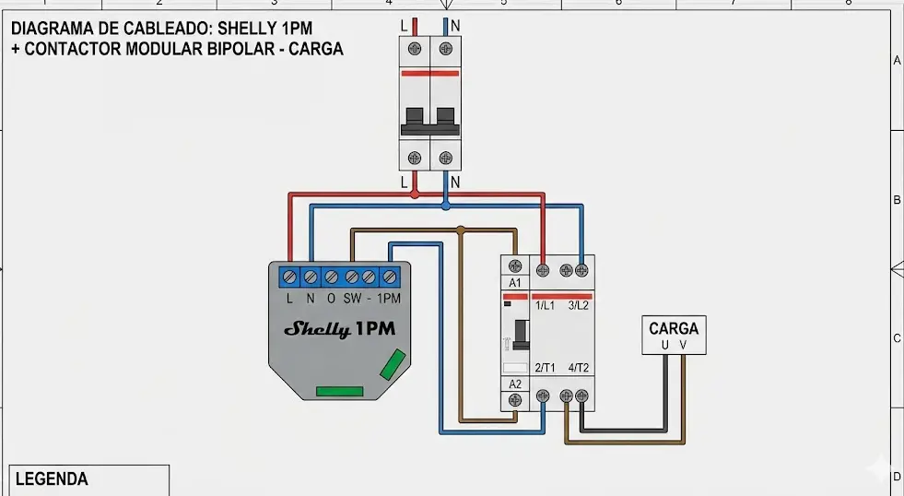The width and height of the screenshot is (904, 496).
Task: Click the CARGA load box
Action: click(674, 336)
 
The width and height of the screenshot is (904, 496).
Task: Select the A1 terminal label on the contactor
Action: click(514, 282)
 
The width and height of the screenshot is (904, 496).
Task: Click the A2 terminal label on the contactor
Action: click(514, 384)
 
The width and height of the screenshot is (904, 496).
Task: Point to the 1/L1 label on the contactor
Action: click(544, 305)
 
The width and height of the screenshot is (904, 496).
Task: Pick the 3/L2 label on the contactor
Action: click(579, 305)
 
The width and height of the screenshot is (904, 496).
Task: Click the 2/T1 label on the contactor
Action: click(544, 368)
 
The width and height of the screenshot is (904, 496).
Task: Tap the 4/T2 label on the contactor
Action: click(579, 368)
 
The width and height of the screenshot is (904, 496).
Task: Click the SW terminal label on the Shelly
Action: click(352, 299)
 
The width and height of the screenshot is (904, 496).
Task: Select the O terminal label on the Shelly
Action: click(331, 299)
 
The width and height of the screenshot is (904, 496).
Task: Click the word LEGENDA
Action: click(52, 479)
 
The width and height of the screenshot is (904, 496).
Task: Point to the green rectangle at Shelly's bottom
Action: click(341, 391)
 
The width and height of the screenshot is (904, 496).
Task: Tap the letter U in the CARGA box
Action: click(664, 346)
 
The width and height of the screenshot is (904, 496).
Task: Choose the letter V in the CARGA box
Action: click(683, 346)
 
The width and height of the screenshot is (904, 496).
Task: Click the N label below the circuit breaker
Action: click(455, 183)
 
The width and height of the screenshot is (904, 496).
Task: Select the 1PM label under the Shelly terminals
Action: click(390, 299)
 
